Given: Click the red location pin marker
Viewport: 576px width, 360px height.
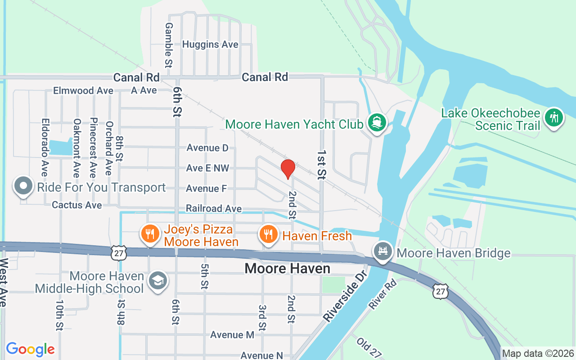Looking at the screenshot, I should tap(288, 168).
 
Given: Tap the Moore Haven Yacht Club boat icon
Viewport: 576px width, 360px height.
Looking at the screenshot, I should tap(377, 122).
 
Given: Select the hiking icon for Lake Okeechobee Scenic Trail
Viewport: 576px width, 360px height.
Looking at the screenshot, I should tap(553, 118).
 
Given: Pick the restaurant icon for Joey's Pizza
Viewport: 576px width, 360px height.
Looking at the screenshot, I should tap(149, 234).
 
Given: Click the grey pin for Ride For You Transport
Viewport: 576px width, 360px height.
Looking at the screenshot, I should tap(23, 186).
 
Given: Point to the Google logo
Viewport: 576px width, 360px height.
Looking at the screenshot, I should tap(31, 349).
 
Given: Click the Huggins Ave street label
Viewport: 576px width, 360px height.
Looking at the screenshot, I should tap(210, 45).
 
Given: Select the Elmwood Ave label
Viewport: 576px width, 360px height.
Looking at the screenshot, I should tap(83, 90).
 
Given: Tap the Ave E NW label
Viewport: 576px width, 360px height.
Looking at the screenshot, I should tap(207, 168).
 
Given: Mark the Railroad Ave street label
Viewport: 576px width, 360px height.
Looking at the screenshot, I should tap(214, 209).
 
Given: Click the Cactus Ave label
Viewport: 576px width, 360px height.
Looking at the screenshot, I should tap(77, 205).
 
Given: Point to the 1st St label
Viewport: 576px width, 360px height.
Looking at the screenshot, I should tap(321, 165).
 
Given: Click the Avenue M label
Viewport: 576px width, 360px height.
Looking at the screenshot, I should tap(232, 335).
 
